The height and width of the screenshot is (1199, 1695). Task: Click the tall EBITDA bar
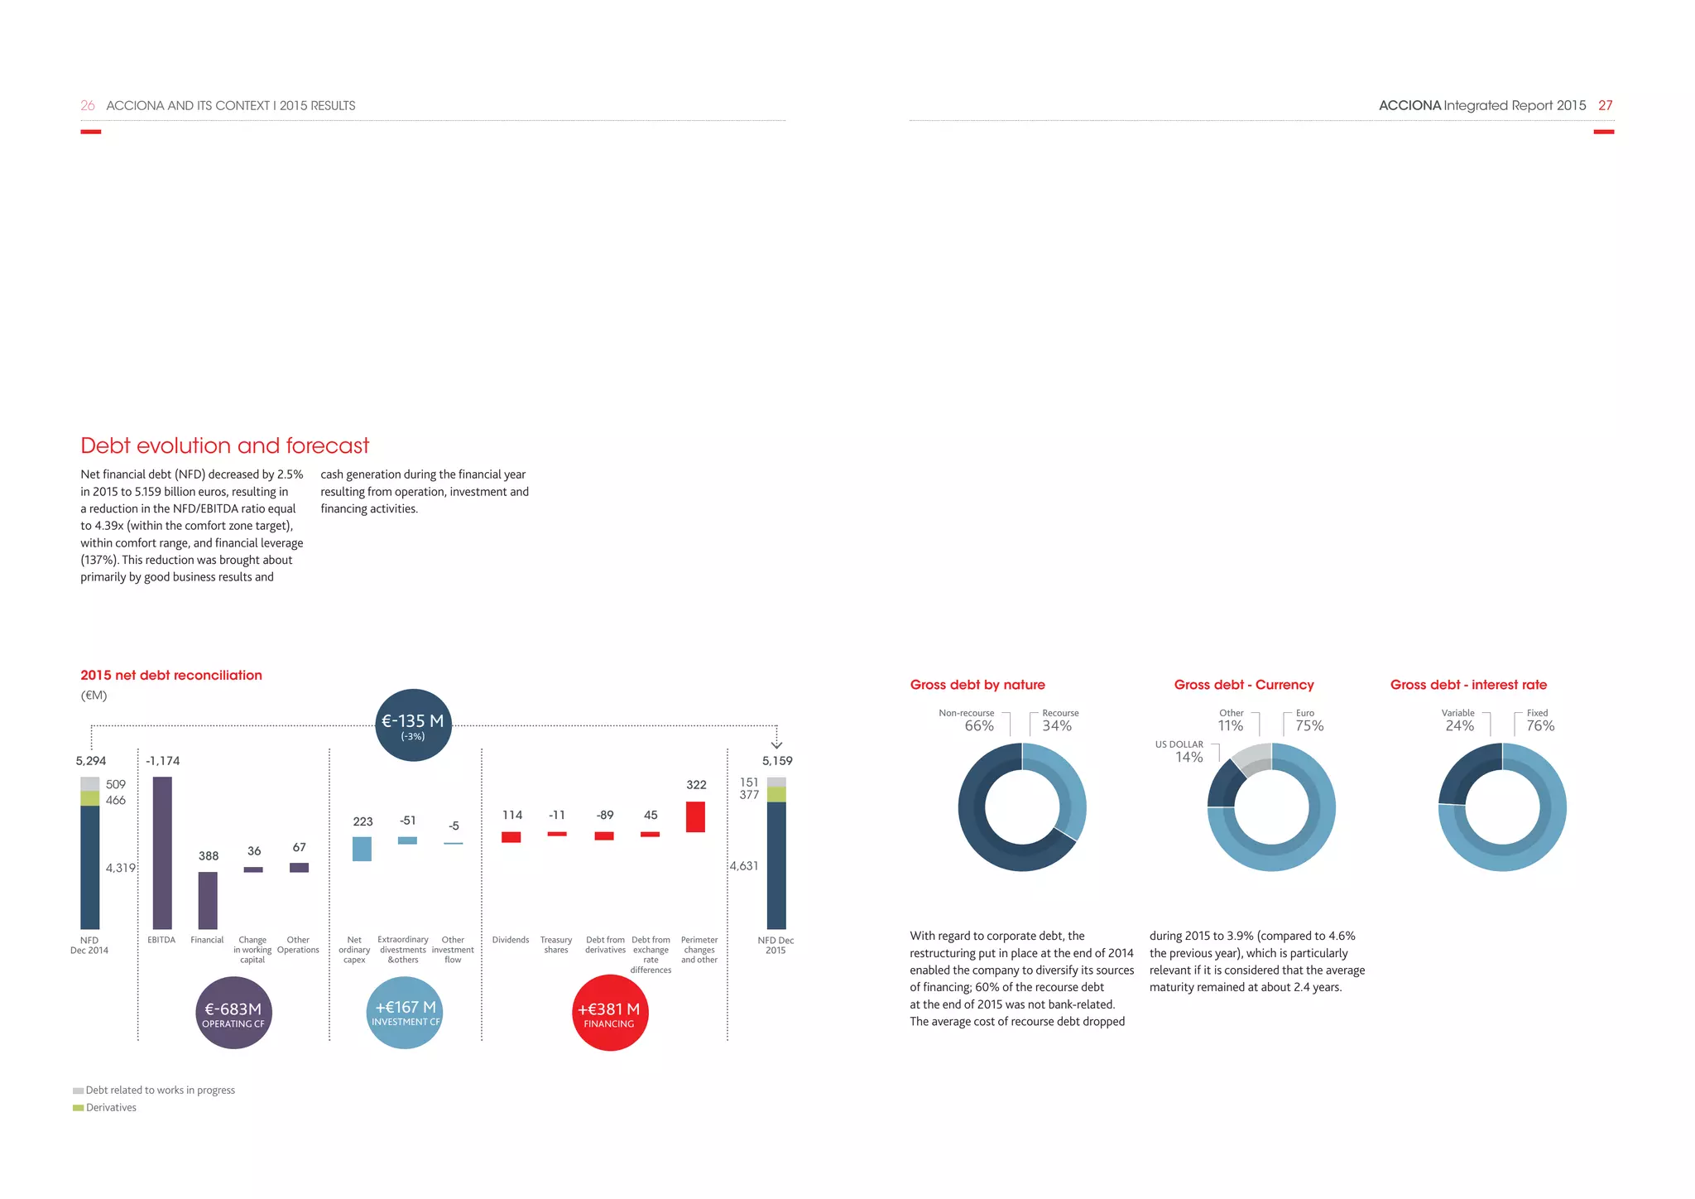pos(162,852)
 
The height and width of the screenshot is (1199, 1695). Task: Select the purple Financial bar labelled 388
pos(208,900)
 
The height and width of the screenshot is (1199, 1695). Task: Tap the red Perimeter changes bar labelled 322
pos(695,816)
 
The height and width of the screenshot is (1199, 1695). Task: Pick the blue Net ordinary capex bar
pos(362,849)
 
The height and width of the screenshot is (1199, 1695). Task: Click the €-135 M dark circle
pos(413,725)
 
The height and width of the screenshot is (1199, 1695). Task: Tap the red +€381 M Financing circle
pos(609,1014)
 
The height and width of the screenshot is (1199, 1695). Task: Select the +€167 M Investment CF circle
pos(405,1012)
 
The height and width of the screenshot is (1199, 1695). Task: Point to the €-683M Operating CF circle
pos(234,1014)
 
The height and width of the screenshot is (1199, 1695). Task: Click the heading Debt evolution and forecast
pos(224,445)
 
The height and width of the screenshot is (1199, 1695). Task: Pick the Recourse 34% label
pos(1058,720)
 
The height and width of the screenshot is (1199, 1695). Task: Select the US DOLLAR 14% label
pos(1182,751)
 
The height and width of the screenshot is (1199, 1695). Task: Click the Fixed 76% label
pos(1539,720)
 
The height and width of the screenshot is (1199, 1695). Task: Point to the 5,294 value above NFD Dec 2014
pos(90,761)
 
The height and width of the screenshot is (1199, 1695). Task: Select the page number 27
pos(1605,105)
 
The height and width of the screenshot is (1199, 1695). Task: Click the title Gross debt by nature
pos(977,685)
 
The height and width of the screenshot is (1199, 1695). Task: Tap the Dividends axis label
pos(511,940)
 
